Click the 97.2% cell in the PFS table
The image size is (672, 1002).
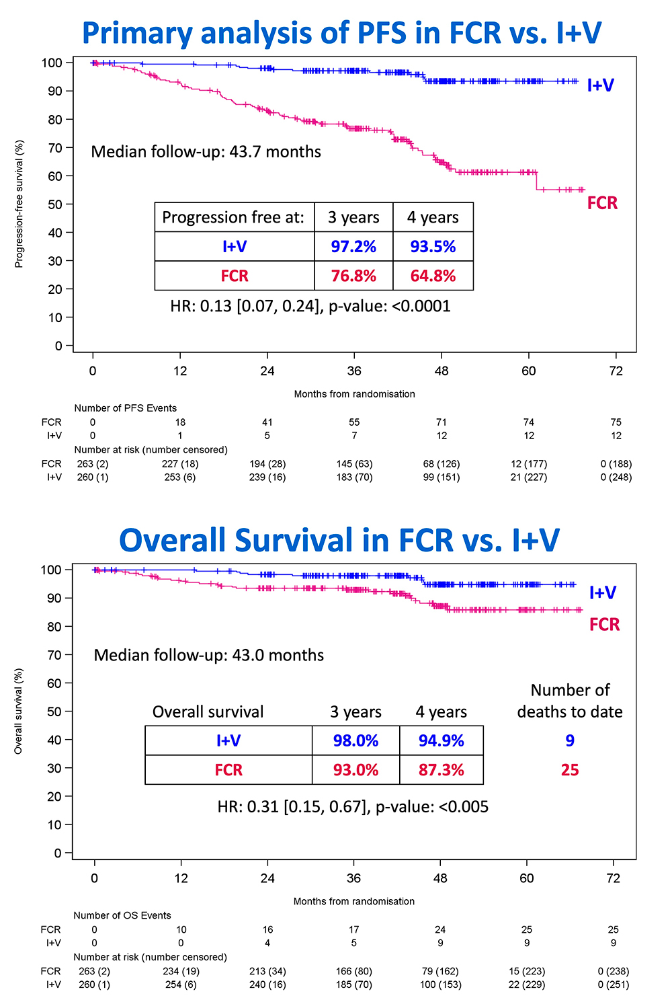[353, 247]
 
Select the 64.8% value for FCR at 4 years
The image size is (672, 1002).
[433, 276]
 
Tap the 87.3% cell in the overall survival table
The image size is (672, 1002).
[441, 770]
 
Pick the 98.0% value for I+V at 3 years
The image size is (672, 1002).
[355, 740]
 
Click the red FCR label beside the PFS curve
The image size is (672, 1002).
[601, 203]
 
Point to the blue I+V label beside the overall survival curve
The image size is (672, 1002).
[602, 592]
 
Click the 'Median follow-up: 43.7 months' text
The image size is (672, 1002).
[206, 152]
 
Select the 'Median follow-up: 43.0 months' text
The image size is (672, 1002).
[208, 655]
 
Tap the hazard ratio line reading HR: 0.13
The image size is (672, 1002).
[310, 307]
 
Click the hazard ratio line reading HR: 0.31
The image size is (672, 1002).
[353, 807]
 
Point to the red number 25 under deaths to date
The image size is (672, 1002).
[570, 770]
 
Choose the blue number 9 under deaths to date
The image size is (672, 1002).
[570, 740]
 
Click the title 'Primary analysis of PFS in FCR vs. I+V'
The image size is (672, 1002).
[341, 33]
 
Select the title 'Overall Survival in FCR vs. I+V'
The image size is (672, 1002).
[339, 540]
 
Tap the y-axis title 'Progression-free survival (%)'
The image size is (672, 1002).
[19, 204]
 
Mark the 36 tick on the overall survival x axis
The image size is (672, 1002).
[353, 878]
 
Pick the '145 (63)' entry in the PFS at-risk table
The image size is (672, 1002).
[354, 464]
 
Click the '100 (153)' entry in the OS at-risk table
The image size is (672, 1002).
[439, 985]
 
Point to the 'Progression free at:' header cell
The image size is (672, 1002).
[233, 217]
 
